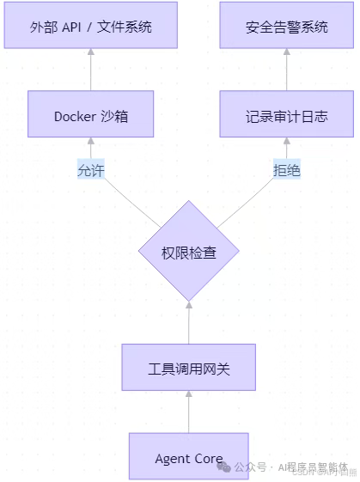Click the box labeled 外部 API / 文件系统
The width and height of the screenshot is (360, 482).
click(90, 27)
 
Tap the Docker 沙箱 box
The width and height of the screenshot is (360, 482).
click(90, 115)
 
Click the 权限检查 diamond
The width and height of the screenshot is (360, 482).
click(188, 252)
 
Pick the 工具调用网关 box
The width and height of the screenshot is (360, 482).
click(188, 369)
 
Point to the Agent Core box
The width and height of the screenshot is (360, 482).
click(188, 458)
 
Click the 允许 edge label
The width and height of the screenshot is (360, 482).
click(90, 169)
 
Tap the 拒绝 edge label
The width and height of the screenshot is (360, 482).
click(286, 169)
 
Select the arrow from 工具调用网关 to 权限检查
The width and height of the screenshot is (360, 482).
click(188, 323)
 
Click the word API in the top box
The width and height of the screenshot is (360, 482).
click(73, 27)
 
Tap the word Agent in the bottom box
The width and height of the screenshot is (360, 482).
click(172, 459)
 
